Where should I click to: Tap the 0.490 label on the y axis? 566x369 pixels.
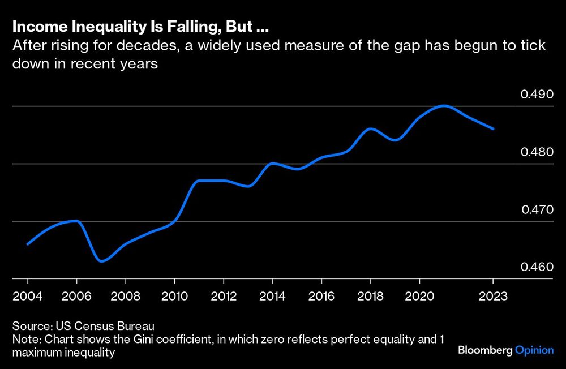click(x=537, y=93)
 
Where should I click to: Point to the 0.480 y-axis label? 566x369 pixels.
click(x=537, y=152)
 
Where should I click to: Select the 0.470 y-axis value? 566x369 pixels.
click(x=537, y=209)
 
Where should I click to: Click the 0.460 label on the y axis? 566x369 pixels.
click(x=537, y=267)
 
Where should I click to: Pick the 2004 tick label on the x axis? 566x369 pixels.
click(x=28, y=296)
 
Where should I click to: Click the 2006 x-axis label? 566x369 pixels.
click(x=76, y=296)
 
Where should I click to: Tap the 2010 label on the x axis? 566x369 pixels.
click(x=174, y=296)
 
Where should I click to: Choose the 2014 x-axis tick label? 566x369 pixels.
click(x=272, y=296)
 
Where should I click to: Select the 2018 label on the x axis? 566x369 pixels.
click(x=370, y=296)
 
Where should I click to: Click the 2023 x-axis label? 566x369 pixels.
click(x=492, y=296)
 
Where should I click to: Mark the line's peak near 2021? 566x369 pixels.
click(x=444, y=106)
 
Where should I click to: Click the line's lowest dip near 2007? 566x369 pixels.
click(x=101, y=261)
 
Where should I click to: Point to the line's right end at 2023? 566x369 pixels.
click(x=493, y=129)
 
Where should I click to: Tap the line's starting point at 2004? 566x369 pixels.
click(x=28, y=244)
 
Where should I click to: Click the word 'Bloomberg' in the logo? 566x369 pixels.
click(x=485, y=351)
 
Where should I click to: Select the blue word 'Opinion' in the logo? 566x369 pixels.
click(x=534, y=351)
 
